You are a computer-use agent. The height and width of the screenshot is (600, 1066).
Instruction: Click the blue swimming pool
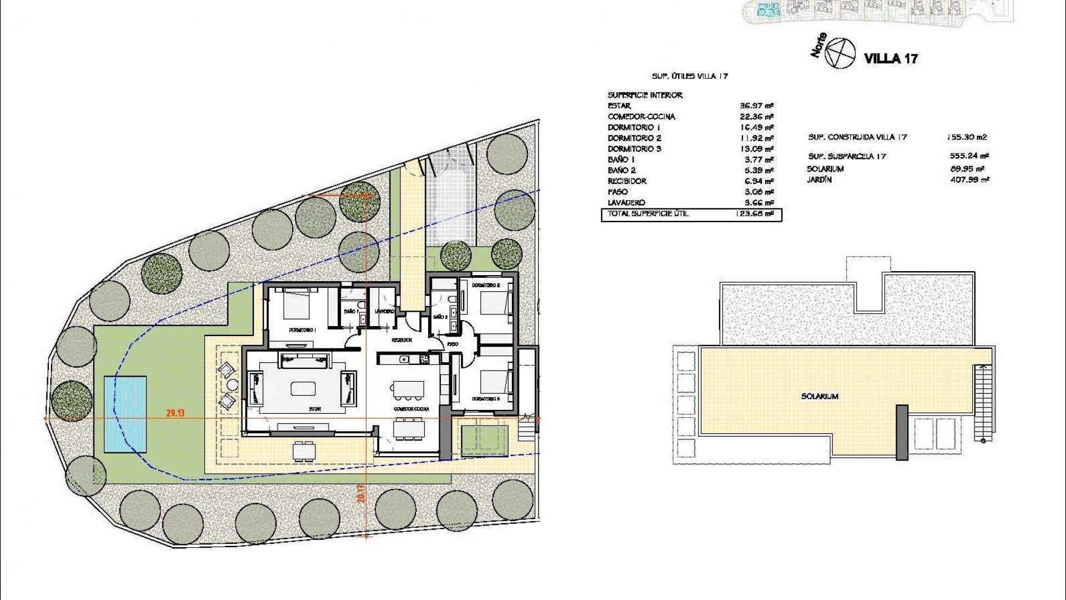125,414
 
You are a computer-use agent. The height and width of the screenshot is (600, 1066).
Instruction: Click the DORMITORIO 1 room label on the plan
302,330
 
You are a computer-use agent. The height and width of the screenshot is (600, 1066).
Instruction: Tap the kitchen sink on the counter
405,359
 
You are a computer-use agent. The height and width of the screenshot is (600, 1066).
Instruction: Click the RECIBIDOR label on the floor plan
401,340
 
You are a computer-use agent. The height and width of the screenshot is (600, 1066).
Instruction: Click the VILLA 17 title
891,58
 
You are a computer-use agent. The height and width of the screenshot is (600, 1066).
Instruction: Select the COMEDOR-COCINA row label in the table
641,117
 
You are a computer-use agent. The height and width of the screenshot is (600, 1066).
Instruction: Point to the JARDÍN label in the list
819,179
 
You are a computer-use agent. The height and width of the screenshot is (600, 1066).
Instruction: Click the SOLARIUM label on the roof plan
819,397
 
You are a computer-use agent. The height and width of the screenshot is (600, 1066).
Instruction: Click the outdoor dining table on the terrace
304,451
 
